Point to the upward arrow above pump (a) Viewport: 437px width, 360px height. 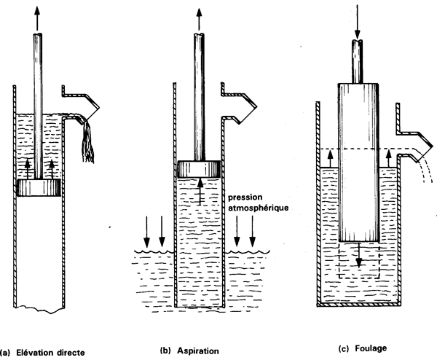click(x=37, y=15)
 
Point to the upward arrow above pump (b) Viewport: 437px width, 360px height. click(x=199, y=15)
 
